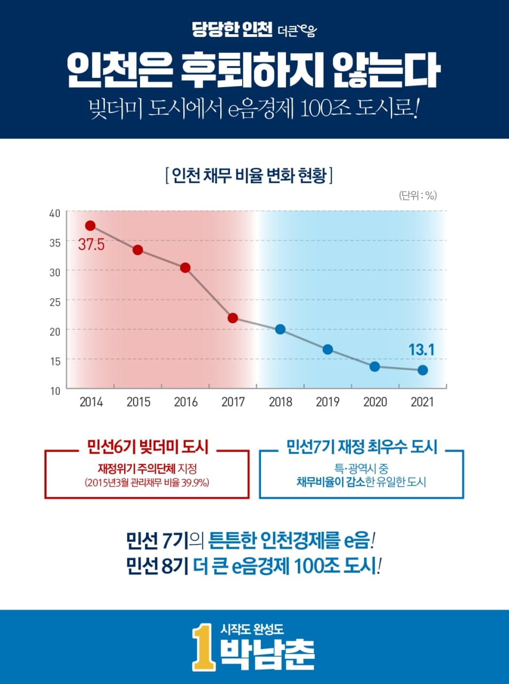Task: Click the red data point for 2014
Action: coord(90,226)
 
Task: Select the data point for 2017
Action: coord(233,318)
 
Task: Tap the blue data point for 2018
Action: coord(280,329)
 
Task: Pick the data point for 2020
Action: coord(375,367)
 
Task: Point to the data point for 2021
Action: coord(422,370)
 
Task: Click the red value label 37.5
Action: coord(91,246)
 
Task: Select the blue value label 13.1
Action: coord(421,350)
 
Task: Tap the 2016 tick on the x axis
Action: coord(186,402)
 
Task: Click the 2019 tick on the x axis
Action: coord(328,402)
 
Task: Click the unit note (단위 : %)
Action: coord(418,196)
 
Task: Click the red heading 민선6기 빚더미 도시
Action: coord(146,447)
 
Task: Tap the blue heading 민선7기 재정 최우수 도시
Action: coord(361,447)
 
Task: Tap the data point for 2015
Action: coord(138,250)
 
